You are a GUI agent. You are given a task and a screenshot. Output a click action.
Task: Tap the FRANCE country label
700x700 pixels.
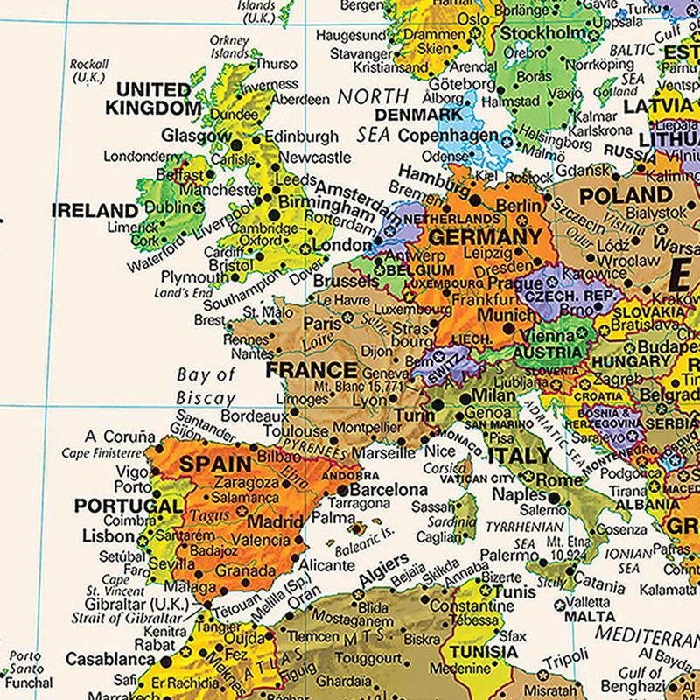(312, 369)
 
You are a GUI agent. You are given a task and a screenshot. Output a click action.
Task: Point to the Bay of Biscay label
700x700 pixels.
(206, 386)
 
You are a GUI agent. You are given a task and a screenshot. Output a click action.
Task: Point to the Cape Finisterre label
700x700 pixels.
(100, 453)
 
